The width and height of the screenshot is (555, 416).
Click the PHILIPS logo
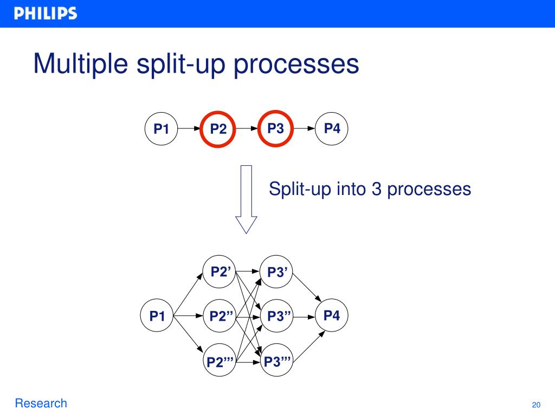tap(46, 14)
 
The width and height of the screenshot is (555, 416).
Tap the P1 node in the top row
tap(162, 129)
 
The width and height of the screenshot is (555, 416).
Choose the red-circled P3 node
tap(275, 129)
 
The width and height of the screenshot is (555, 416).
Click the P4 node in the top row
tap(332, 129)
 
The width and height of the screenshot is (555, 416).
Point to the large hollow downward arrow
tap(246, 199)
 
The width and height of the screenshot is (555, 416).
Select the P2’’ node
tap(220, 316)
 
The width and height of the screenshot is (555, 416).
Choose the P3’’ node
tap(277, 316)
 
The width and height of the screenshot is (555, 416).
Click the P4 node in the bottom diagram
tap(332, 315)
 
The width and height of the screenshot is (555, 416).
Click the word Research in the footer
tap(41, 403)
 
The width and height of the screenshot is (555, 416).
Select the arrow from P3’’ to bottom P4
tap(304, 316)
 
